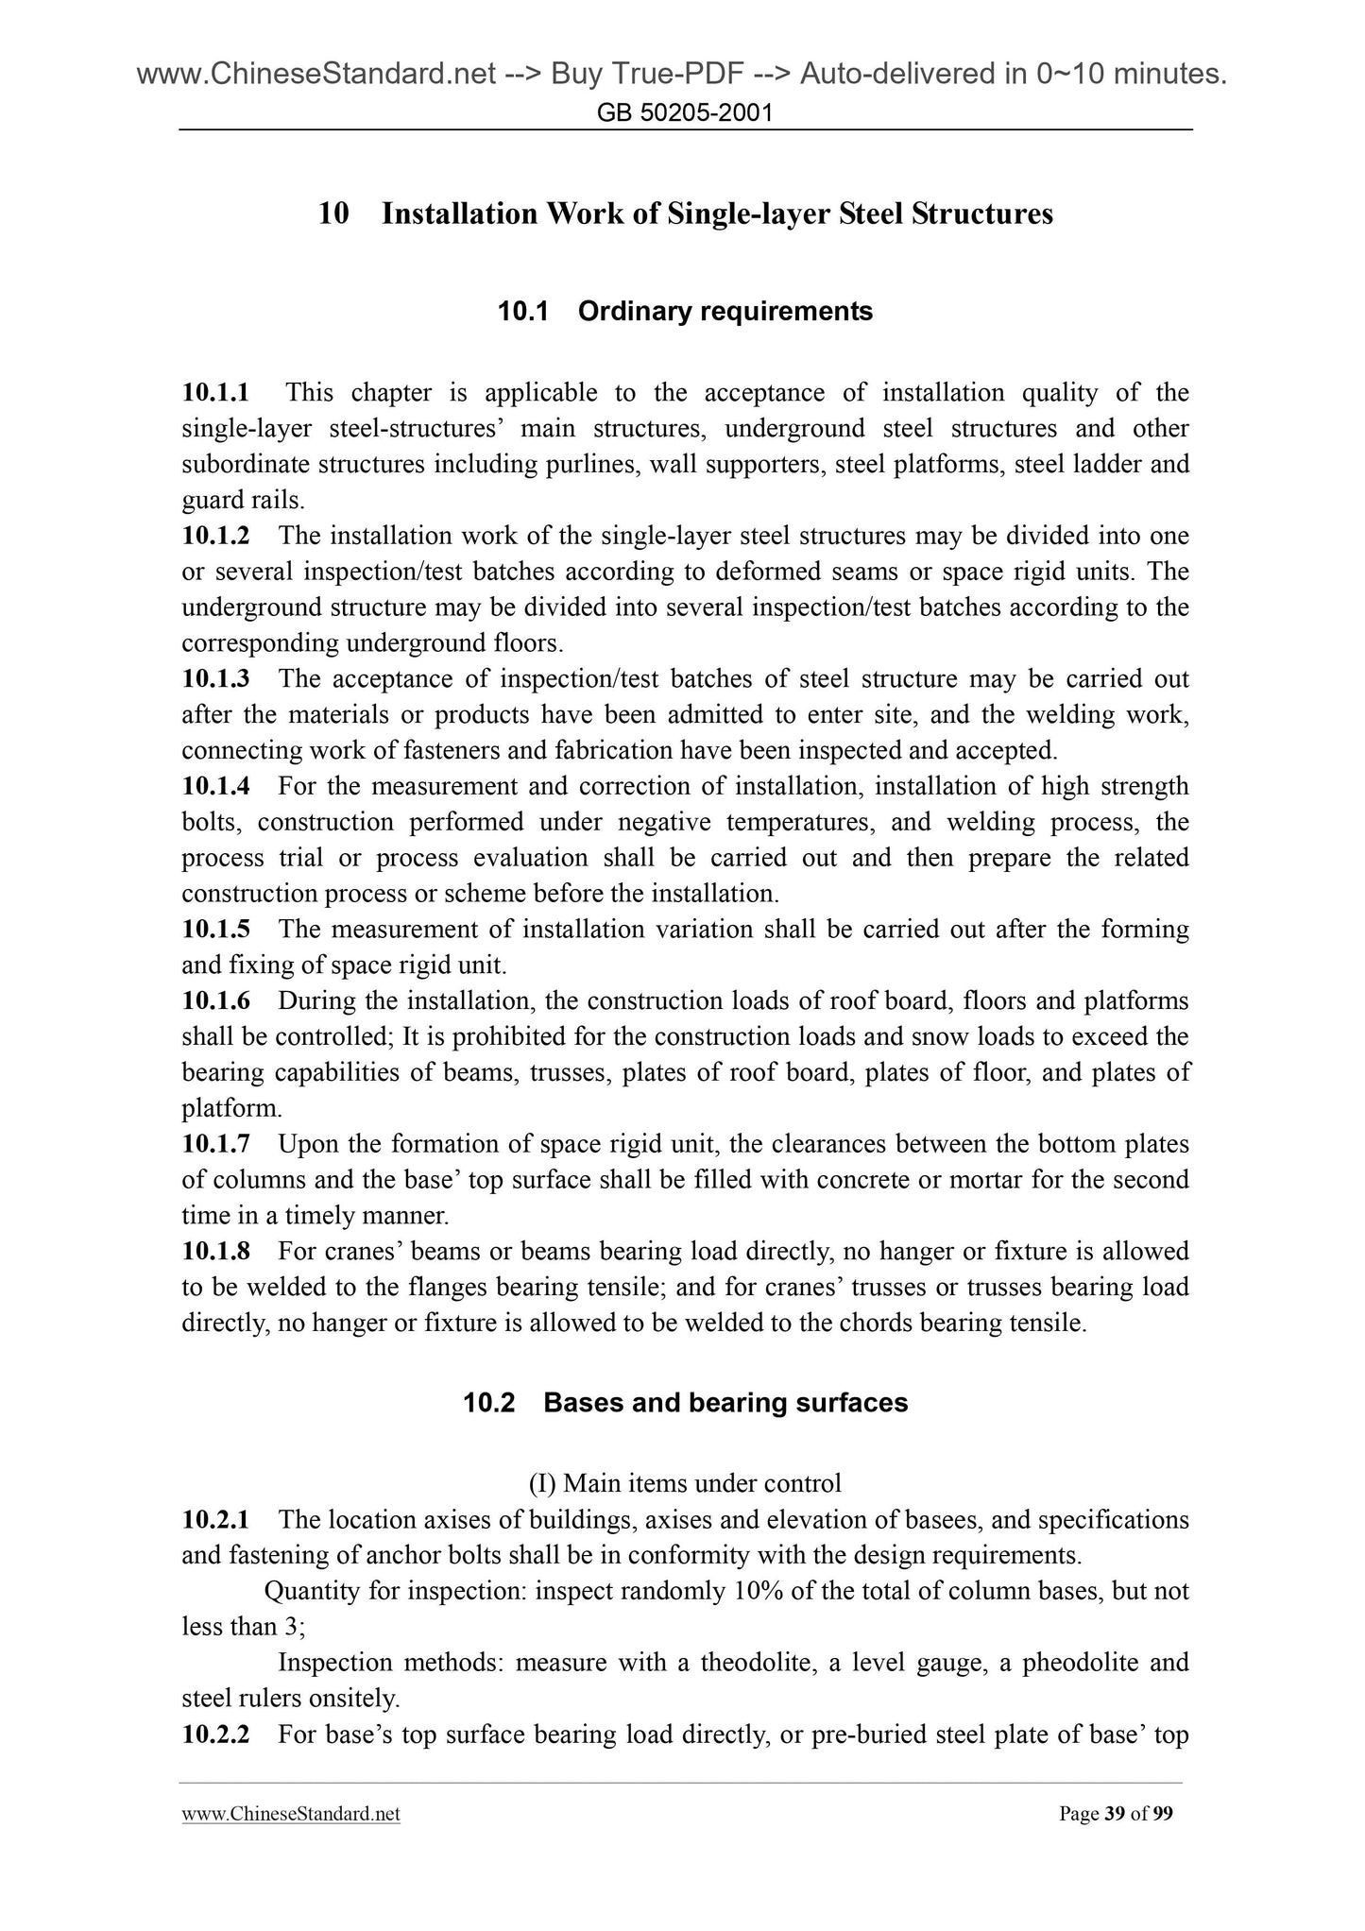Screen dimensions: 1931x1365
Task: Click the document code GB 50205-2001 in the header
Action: (x=686, y=114)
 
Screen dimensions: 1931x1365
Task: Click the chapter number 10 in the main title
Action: (x=333, y=214)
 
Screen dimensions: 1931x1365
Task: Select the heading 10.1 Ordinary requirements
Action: (x=685, y=311)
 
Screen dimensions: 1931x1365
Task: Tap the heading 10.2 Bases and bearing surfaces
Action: (x=685, y=1402)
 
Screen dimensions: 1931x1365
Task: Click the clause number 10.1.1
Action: (x=215, y=392)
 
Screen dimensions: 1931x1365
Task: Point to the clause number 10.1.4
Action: (x=215, y=786)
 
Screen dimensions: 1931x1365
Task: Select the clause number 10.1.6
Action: (x=215, y=1000)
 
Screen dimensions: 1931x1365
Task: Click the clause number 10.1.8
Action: (x=215, y=1252)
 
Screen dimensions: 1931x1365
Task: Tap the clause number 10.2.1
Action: (x=215, y=1520)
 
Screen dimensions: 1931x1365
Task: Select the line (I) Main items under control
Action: (x=685, y=1484)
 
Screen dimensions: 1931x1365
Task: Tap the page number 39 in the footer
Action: (x=1115, y=1814)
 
